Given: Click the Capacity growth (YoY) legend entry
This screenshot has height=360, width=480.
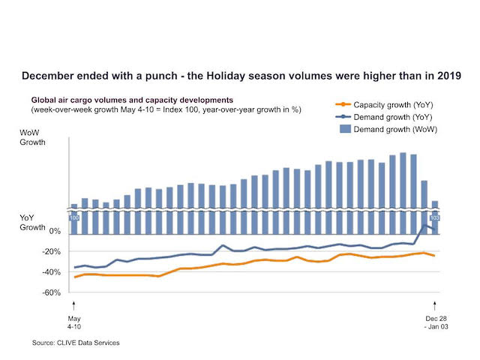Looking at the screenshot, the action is pos(385,105).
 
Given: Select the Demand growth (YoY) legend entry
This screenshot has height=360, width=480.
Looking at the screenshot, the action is pos(384,117).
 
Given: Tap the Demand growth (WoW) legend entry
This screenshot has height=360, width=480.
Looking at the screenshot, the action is pos(388,129).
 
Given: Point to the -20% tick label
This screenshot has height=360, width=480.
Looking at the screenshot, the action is pos(52,252).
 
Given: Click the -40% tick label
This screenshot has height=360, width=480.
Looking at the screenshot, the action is pos(52,271).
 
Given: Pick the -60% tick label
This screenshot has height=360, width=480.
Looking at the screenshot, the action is pos(52,292).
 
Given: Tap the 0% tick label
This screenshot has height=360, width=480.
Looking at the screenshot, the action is pos(55,231).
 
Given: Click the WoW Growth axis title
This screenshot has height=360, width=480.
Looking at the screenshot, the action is pos(32,137).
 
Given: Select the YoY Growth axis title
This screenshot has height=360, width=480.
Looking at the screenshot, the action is pos(32,223).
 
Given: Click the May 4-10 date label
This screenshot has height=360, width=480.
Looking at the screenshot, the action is pos(74,322).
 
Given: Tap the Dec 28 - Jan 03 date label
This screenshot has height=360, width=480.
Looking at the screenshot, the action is pos(436,322).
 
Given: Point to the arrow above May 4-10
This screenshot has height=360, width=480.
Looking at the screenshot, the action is pos(73,306).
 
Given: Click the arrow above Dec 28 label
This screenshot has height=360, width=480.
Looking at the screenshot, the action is pos(434,306).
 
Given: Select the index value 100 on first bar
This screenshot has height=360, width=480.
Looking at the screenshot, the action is pos(74,218).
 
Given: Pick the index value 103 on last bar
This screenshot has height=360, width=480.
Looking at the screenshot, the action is pos(435,218).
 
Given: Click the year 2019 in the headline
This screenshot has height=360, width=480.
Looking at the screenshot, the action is pos(449,76).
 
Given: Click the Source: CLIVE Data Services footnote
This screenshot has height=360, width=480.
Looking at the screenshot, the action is pos(76,343).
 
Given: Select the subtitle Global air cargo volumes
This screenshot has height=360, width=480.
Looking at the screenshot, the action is pos(132,100).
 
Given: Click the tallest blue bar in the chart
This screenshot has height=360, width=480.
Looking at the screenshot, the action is pos(403,193).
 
